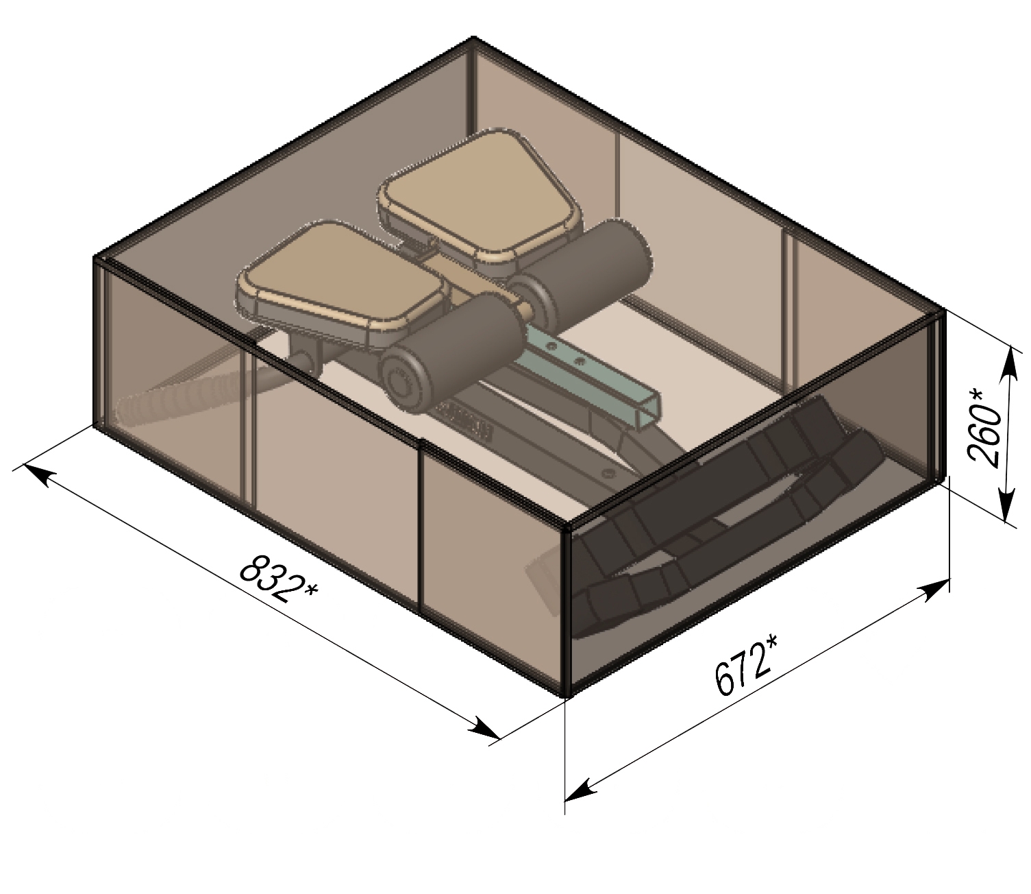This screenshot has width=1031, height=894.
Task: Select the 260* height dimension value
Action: tap(984, 430)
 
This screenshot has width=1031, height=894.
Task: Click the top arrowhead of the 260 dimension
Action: tap(1011, 362)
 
